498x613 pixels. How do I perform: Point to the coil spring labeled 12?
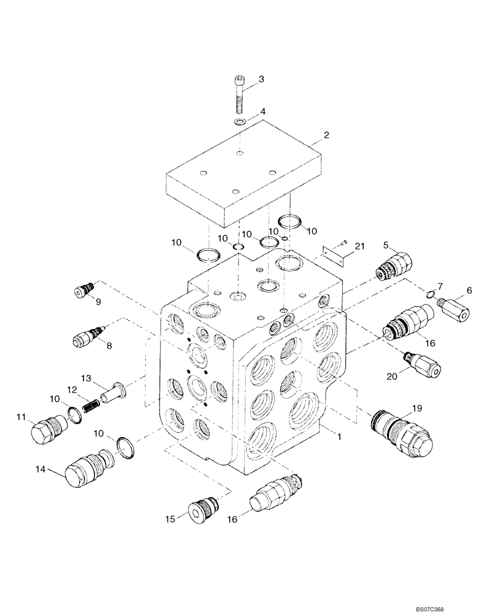click(91, 405)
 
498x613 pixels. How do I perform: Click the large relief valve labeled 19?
click(402, 435)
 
